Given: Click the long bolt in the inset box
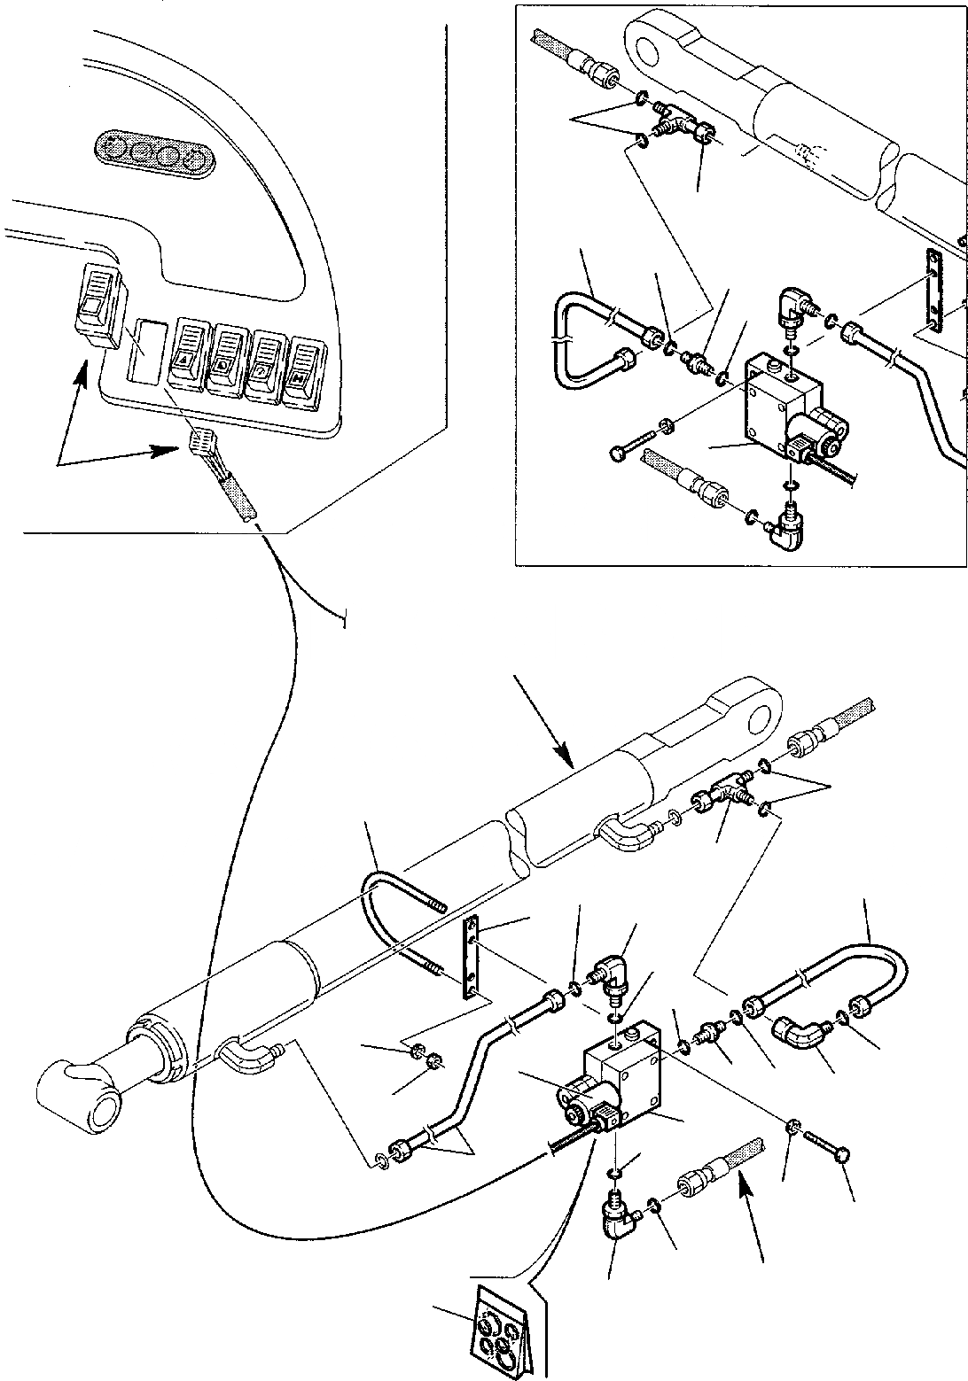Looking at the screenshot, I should point(635,440).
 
